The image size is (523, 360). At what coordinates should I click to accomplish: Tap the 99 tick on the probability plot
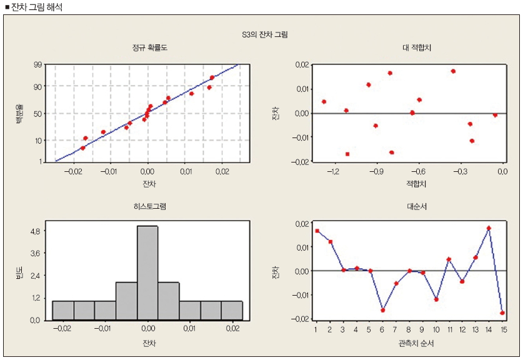pos(37,64)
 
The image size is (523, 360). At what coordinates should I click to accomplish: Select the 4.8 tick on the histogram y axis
pos(34,231)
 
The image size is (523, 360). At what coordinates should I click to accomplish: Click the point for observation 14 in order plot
pos(489,228)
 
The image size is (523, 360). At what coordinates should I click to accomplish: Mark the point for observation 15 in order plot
pos(502,312)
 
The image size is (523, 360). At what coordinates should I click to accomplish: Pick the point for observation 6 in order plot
pos(383,310)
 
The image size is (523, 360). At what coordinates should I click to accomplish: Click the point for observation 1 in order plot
pos(317,231)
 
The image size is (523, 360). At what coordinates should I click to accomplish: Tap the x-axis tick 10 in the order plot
pos(436,329)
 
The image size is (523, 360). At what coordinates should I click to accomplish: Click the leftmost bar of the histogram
pos(63,311)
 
